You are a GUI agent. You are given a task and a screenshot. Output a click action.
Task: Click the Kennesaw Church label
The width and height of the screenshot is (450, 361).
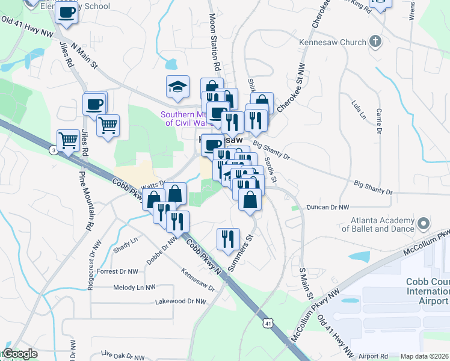click(333, 42)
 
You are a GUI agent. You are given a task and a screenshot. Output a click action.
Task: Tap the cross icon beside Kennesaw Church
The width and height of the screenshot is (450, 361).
click(376, 42)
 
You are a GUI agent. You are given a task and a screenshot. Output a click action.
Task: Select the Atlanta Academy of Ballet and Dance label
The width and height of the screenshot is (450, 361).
click(378, 224)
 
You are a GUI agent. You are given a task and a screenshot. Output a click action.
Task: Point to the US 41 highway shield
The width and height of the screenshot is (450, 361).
click(267, 324)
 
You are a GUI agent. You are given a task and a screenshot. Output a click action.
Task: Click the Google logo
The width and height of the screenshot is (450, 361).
click(19, 354)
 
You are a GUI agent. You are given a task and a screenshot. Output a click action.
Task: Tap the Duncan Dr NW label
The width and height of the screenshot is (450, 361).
click(327, 207)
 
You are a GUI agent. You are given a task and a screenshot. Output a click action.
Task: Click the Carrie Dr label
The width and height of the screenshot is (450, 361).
click(379, 121)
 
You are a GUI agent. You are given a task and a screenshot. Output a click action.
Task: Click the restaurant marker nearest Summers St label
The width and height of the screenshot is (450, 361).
click(228, 239)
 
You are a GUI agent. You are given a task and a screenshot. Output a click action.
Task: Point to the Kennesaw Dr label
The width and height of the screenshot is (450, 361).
click(199, 279)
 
